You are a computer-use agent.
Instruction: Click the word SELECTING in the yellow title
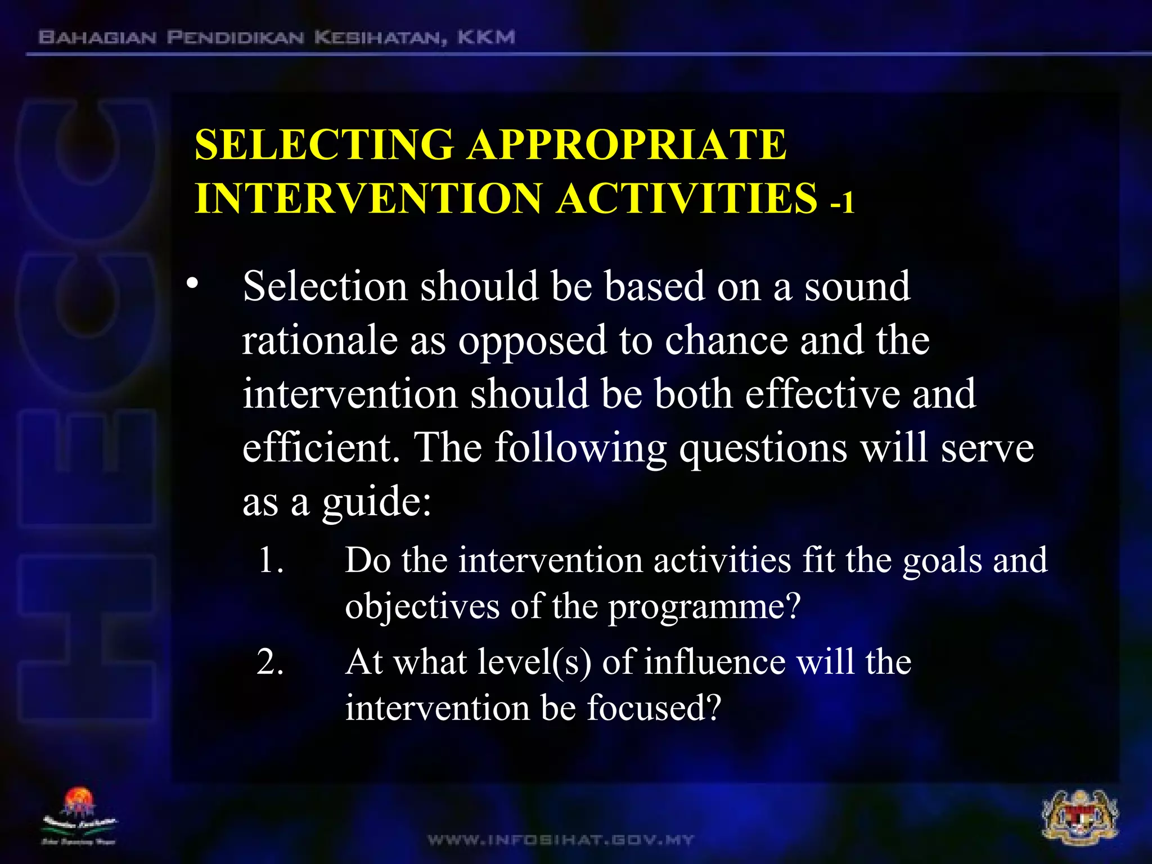(324, 145)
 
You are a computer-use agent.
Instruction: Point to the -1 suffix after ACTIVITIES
(842, 202)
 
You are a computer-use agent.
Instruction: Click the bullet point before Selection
(193, 285)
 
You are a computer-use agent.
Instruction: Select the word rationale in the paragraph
(319, 341)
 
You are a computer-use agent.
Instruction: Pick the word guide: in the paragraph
(376, 502)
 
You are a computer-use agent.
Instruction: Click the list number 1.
(271, 561)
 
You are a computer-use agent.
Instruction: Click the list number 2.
(271, 662)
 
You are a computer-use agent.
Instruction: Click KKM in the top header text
(486, 38)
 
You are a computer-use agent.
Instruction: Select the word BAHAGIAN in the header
(97, 38)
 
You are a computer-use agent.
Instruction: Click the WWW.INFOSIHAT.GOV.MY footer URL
(561, 840)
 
